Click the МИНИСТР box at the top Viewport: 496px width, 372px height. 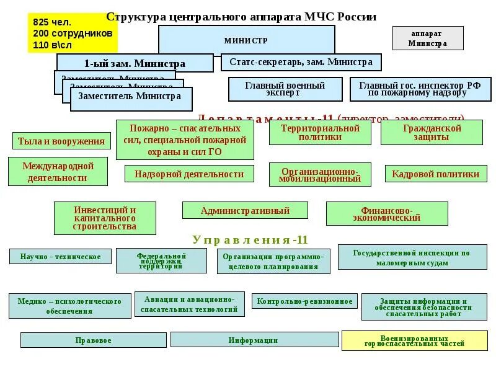(246, 40)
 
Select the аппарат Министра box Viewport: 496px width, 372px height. (428, 38)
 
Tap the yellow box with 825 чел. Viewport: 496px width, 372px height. (73, 33)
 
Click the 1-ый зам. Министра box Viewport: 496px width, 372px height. (135, 63)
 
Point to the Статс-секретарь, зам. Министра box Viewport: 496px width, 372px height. (301, 62)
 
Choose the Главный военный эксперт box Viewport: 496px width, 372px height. (285, 89)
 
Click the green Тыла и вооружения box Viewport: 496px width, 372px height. (61, 141)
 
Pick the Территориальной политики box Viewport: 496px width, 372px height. (320, 132)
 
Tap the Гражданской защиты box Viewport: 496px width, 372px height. (432, 132)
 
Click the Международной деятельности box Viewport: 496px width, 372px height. (58, 172)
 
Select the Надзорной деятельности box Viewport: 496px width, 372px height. (189, 174)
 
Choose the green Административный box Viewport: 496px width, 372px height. (245, 210)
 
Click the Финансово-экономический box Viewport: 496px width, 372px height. (387, 213)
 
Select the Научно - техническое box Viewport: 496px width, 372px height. (60, 256)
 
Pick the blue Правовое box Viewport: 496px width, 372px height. (93, 340)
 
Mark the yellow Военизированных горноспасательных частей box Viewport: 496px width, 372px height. (414, 340)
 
